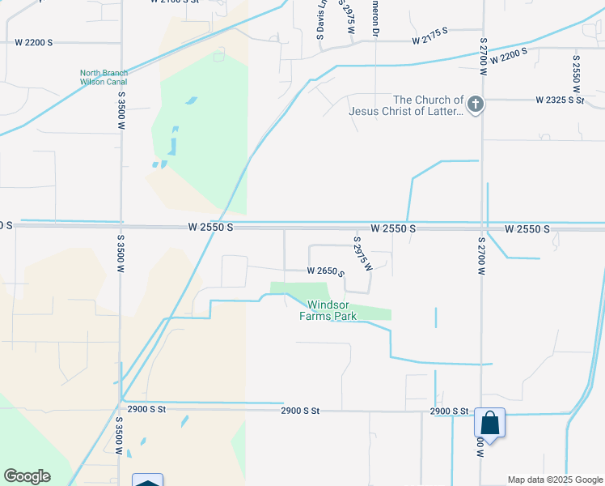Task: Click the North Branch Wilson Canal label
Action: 104,77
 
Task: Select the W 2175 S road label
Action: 430,37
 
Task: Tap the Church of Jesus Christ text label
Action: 406,105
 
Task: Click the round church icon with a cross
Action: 476,104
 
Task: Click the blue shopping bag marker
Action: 489,423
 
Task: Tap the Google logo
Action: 27,476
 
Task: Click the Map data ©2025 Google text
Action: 554,480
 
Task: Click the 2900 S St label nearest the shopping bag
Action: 450,411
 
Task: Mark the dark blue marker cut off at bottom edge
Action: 147,480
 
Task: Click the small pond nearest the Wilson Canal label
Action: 191,100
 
